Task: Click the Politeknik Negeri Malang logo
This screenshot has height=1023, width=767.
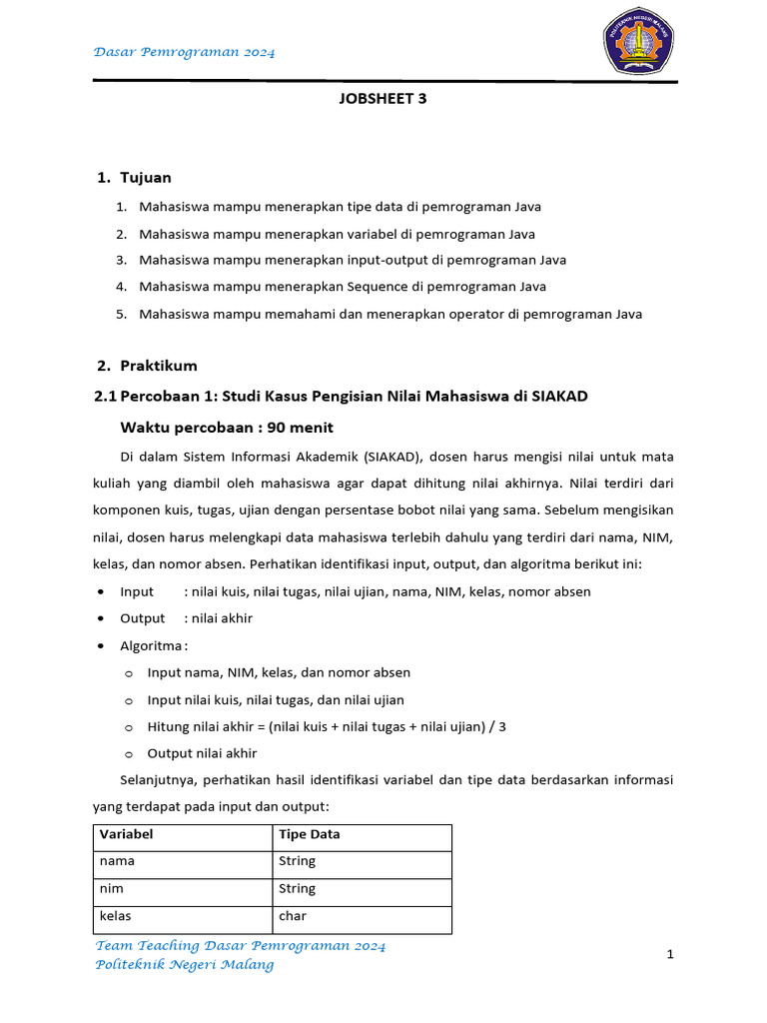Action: click(638, 42)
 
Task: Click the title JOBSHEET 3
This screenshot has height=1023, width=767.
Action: click(383, 98)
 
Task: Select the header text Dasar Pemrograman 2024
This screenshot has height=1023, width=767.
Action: click(185, 51)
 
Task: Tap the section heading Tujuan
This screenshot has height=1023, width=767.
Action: click(146, 177)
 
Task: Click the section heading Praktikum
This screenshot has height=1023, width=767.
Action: click(159, 366)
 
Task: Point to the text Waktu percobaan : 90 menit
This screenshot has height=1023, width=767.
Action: click(227, 428)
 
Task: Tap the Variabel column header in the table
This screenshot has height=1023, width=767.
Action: click(126, 834)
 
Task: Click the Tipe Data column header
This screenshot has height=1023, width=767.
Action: click(310, 834)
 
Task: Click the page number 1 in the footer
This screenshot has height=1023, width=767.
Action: click(671, 955)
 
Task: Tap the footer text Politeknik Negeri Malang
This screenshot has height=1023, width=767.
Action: click(184, 965)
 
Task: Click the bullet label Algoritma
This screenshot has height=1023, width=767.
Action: click(152, 645)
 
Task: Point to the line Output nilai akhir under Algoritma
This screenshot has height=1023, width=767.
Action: click(202, 753)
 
